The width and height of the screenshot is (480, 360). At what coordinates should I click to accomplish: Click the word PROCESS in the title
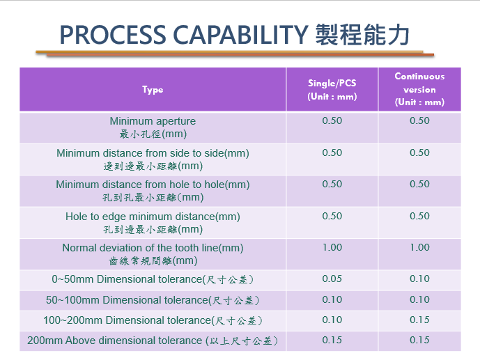[x=112, y=35]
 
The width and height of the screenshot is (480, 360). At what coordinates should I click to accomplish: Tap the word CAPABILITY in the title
[x=240, y=35]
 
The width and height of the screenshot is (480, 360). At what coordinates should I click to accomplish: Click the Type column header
[x=153, y=90]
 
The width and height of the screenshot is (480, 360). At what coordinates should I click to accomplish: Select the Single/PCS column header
[x=332, y=90]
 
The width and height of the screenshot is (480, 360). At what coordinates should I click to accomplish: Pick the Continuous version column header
[x=419, y=89]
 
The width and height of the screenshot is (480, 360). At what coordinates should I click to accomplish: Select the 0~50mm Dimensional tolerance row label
[x=153, y=279]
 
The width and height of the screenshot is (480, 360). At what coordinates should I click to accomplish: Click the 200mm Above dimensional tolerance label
[x=153, y=341]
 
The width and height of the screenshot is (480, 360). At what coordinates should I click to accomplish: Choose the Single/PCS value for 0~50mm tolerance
[x=332, y=279]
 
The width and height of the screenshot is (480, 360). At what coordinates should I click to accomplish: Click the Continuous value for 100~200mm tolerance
[x=419, y=320]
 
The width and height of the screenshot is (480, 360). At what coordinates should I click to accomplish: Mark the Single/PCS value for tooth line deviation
[x=332, y=247]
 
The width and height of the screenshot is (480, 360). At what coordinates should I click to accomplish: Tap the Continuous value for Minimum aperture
[x=419, y=121]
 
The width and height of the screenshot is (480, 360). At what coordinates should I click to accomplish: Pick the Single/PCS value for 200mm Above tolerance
[x=332, y=340]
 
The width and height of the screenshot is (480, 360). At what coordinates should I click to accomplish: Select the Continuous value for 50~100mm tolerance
[x=419, y=299]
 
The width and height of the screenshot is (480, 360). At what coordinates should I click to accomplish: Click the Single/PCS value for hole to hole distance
[x=332, y=184]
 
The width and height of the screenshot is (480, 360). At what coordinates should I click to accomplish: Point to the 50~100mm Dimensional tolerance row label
[x=153, y=300]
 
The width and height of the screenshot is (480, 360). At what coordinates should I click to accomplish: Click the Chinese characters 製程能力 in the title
[x=362, y=35]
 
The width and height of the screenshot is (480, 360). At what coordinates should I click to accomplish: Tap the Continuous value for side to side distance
[x=419, y=152]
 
